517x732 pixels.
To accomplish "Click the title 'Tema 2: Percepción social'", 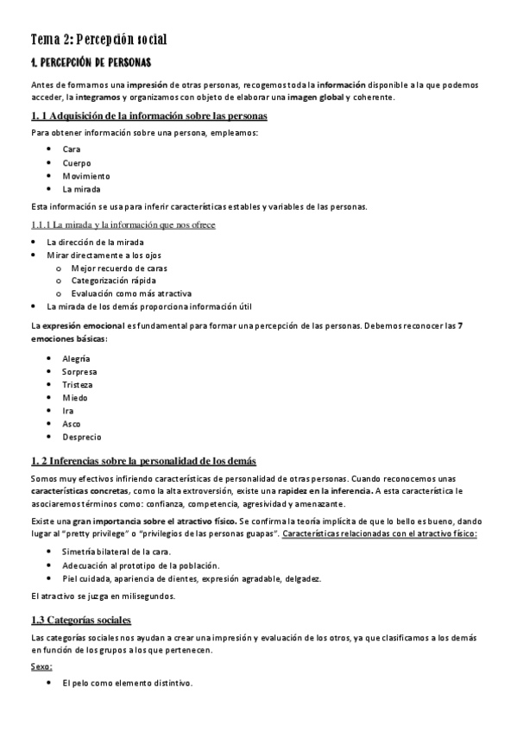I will (x=98, y=39).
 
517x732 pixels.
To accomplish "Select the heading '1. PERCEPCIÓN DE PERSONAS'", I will (x=91, y=63).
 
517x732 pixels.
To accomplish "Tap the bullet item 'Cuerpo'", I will (x=76, y=162).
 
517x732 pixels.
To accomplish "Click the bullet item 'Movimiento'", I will (x=86, y=175).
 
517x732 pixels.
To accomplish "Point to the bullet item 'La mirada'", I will (x=81, y=188).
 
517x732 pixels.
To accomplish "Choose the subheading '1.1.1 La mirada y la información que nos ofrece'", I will (x=123, y=224).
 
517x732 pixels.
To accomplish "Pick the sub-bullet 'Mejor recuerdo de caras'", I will (x=121, y=268).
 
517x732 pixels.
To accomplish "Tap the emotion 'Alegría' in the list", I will (x=76, y=358).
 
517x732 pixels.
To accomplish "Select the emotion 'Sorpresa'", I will (x=79, y=371).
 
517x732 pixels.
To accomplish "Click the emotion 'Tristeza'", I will (x=78, y=384).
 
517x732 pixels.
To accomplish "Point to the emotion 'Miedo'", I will (x=75, y=398).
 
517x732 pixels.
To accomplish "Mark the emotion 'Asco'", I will (x=72, y=424).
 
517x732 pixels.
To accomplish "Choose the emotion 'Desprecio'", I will (x=81, y=438).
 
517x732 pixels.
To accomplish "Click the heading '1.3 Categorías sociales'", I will (x=81, y=620).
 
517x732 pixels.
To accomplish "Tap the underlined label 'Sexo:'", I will (x=41, y=667).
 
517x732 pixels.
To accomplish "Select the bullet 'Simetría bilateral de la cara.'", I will (x=117, y=551).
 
